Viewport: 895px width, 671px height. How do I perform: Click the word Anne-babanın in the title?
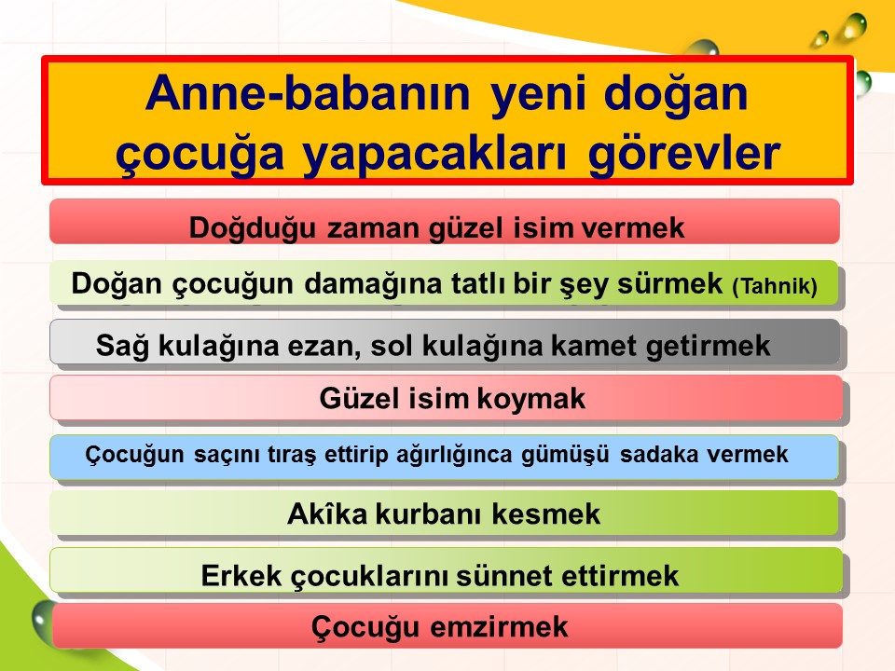click(x=308, y=93)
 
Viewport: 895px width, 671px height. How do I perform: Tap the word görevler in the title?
click(x=684, y=153)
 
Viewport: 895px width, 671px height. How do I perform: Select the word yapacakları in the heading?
click(x=434, y=154)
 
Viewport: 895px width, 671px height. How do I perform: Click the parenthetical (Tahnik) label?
click(x=775, y=286)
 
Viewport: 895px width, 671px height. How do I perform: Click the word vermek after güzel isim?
click(x=632, y=227)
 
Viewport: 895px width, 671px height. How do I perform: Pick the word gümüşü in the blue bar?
click(x=565, y=455)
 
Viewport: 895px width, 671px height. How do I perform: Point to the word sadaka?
click(x=659, y=454)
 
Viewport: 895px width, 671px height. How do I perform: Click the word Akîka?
click(x=327, y=514)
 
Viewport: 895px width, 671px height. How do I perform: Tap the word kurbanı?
click(x=428, y=514)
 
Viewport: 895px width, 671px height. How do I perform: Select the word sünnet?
click(x=504, y=575)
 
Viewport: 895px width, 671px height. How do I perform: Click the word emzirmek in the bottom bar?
click(x=499, y=626)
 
